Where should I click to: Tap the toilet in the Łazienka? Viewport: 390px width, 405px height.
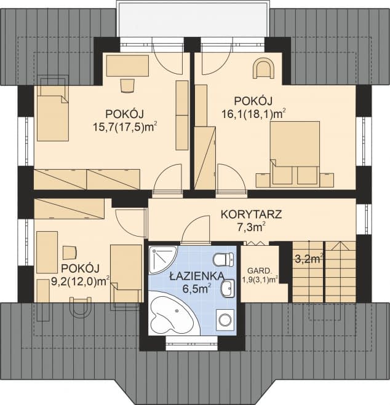(223, 258)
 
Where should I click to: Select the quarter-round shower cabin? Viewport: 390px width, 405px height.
(162, 261)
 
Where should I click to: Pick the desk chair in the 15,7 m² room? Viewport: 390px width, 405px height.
(128, 84)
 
